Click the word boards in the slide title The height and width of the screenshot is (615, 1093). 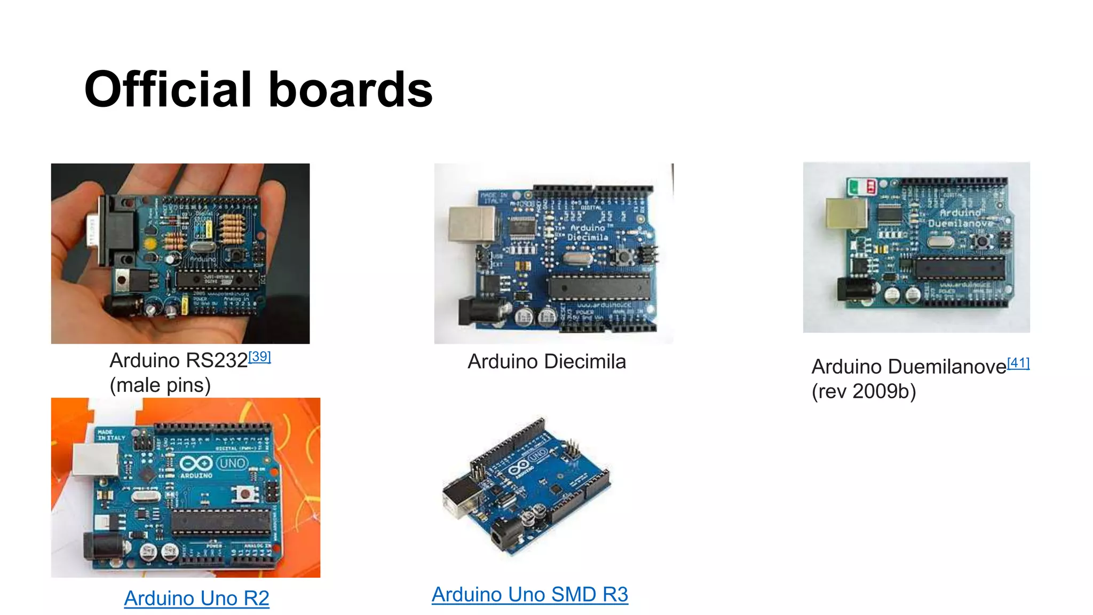tap(351, 90)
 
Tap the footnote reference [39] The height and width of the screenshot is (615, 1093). tap(260, 357)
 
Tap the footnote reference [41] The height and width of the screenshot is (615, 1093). tap(1018, 363)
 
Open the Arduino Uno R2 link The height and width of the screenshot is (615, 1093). tap(196, 598)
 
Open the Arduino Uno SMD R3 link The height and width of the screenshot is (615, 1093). tap(529, 594)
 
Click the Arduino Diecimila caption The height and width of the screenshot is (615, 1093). tap(546, 361)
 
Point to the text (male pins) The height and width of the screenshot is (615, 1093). tap(160, 385)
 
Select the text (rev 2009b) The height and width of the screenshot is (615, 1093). tap(864, 391)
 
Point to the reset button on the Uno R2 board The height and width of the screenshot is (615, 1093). tap(245, 493)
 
